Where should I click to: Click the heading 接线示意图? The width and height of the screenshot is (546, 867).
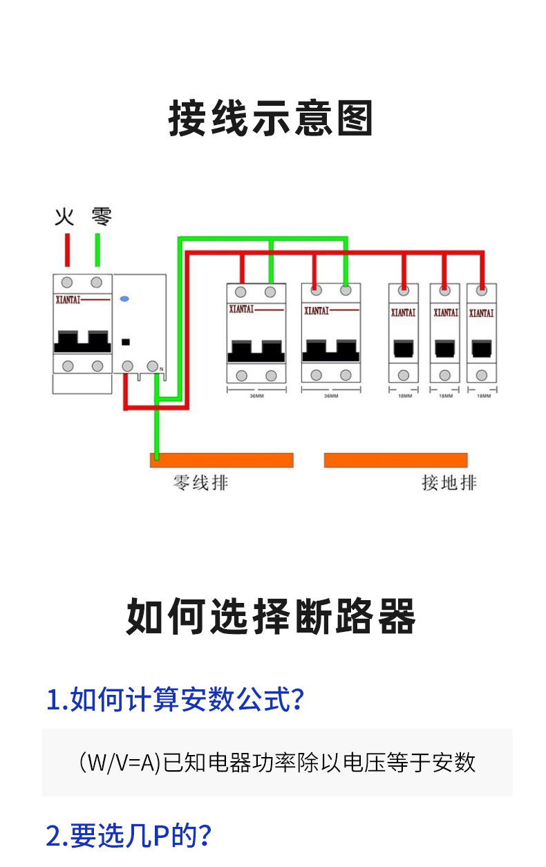[x=271, y=118]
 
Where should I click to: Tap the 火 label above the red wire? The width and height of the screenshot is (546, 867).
[x=64, y=217]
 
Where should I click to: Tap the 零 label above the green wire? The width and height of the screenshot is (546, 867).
[x=102, y=217]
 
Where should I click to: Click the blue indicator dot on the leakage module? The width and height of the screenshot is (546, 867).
[x=125, y=300]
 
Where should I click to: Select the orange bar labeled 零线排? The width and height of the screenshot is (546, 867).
[x=222, y=460]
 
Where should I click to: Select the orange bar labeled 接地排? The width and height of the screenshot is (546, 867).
[x=395, y=460]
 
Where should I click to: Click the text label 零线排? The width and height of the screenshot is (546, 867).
[x=200, y=483]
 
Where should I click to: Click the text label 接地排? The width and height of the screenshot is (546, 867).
[x=449, y=483]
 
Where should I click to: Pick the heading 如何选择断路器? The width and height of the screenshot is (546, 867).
[x=271, y=616]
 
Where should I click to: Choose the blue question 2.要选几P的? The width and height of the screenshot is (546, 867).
[x=129, y=836]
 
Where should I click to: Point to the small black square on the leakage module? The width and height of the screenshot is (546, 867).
[x=126, y=341]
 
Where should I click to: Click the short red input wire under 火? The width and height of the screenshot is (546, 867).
[x=67, y=250]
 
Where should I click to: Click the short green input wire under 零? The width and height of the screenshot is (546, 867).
[x=97, y=250]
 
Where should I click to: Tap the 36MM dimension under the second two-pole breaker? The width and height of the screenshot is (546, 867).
[x=331, y=396]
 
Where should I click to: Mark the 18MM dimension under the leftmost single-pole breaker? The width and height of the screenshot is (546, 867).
[x=404, y=396]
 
